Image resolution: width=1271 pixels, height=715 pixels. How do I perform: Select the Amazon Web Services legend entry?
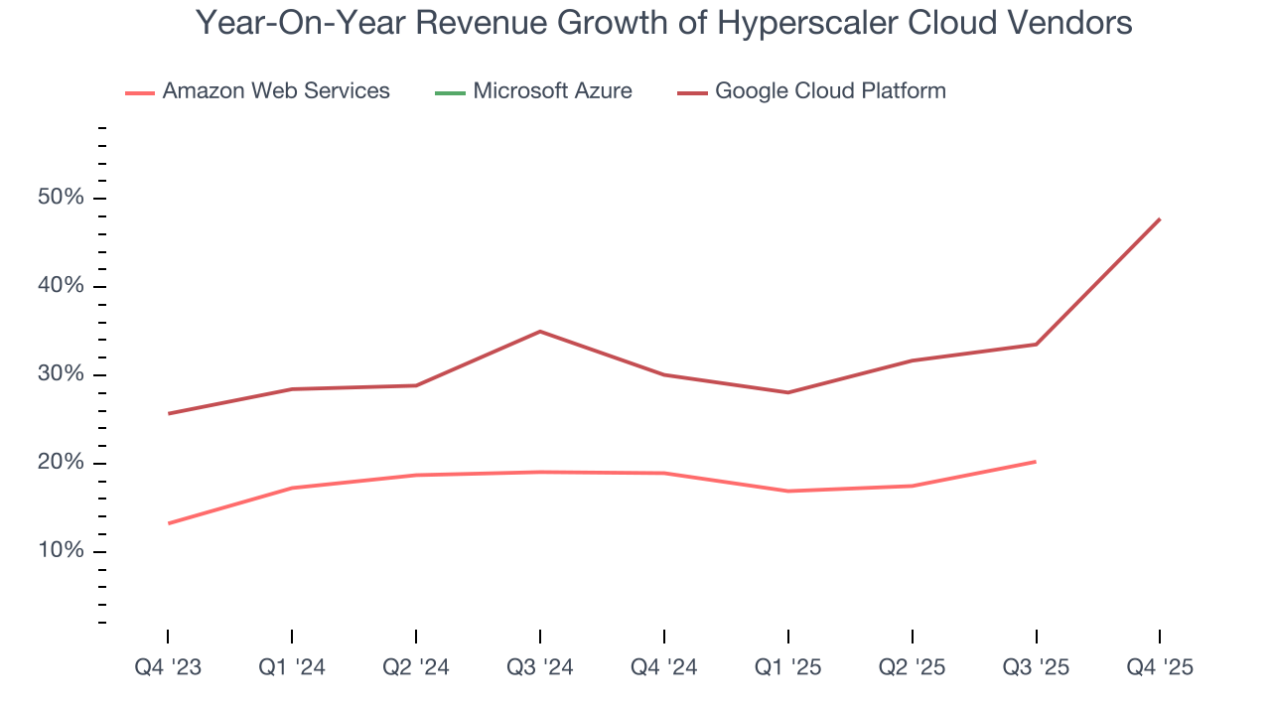pos(258,91)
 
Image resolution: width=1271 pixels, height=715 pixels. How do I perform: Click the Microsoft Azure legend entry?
pos(534,91)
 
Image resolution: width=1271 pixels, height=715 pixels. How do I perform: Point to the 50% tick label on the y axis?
pos(61,198)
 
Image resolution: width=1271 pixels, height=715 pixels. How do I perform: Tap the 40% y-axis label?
pos(61,286)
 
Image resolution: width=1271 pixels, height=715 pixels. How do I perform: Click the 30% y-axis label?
pos(61,374)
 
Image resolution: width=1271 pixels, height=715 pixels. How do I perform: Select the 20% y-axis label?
pos(61,463)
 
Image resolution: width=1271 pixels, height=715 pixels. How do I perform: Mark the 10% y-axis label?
pos(61,551)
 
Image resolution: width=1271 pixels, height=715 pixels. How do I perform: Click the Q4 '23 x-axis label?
pos(168,667)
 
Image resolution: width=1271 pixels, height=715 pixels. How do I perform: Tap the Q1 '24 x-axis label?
pos(291,667)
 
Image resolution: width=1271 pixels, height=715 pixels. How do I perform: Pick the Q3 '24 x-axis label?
pos(539,667)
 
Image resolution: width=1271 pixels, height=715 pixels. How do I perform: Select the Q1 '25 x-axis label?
pos(787,667)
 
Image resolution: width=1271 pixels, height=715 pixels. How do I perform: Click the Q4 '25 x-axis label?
pos(1160,667)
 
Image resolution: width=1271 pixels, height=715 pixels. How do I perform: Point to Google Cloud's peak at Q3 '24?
pos(539,331)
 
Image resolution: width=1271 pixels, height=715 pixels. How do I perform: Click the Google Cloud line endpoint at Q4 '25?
pos(1160,218)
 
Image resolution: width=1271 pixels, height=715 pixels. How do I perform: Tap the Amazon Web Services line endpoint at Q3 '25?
pos(1036,461)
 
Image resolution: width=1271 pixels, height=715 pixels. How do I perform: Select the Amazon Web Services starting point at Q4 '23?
pos(168,523)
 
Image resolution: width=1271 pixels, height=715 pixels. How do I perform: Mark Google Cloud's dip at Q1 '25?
pos(787,392)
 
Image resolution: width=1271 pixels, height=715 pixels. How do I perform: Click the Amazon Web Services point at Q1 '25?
pos(787,491)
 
